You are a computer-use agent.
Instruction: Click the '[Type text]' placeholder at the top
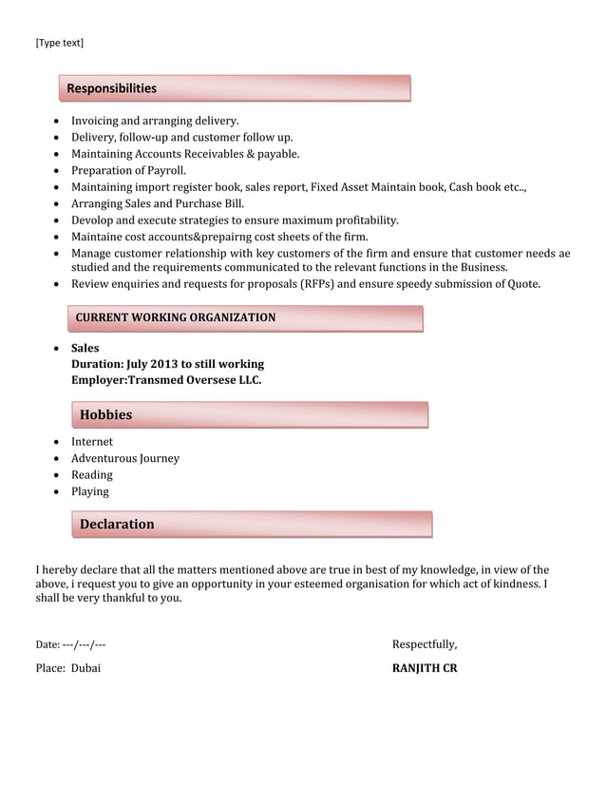59,43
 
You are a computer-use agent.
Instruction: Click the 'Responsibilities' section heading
111,88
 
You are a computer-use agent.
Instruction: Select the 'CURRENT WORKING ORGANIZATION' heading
176,317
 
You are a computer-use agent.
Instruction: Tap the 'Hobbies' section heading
105,415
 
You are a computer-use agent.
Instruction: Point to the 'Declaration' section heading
117,525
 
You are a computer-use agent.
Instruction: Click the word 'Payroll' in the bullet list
164,171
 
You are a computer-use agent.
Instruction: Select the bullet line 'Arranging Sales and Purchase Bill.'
158,203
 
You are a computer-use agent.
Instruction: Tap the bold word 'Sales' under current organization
85,349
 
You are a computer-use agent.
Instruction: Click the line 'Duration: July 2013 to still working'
167,364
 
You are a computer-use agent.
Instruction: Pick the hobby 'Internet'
92,442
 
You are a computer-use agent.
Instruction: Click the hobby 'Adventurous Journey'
125,458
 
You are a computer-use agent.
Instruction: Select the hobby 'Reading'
92,475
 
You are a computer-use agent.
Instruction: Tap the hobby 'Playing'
90,491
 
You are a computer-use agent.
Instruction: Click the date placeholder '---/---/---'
84,645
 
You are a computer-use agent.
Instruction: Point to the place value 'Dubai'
85,668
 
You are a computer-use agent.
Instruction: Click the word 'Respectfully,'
425,644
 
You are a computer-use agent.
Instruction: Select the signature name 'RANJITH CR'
425,668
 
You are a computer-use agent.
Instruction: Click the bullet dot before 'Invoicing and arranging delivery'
59,122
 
